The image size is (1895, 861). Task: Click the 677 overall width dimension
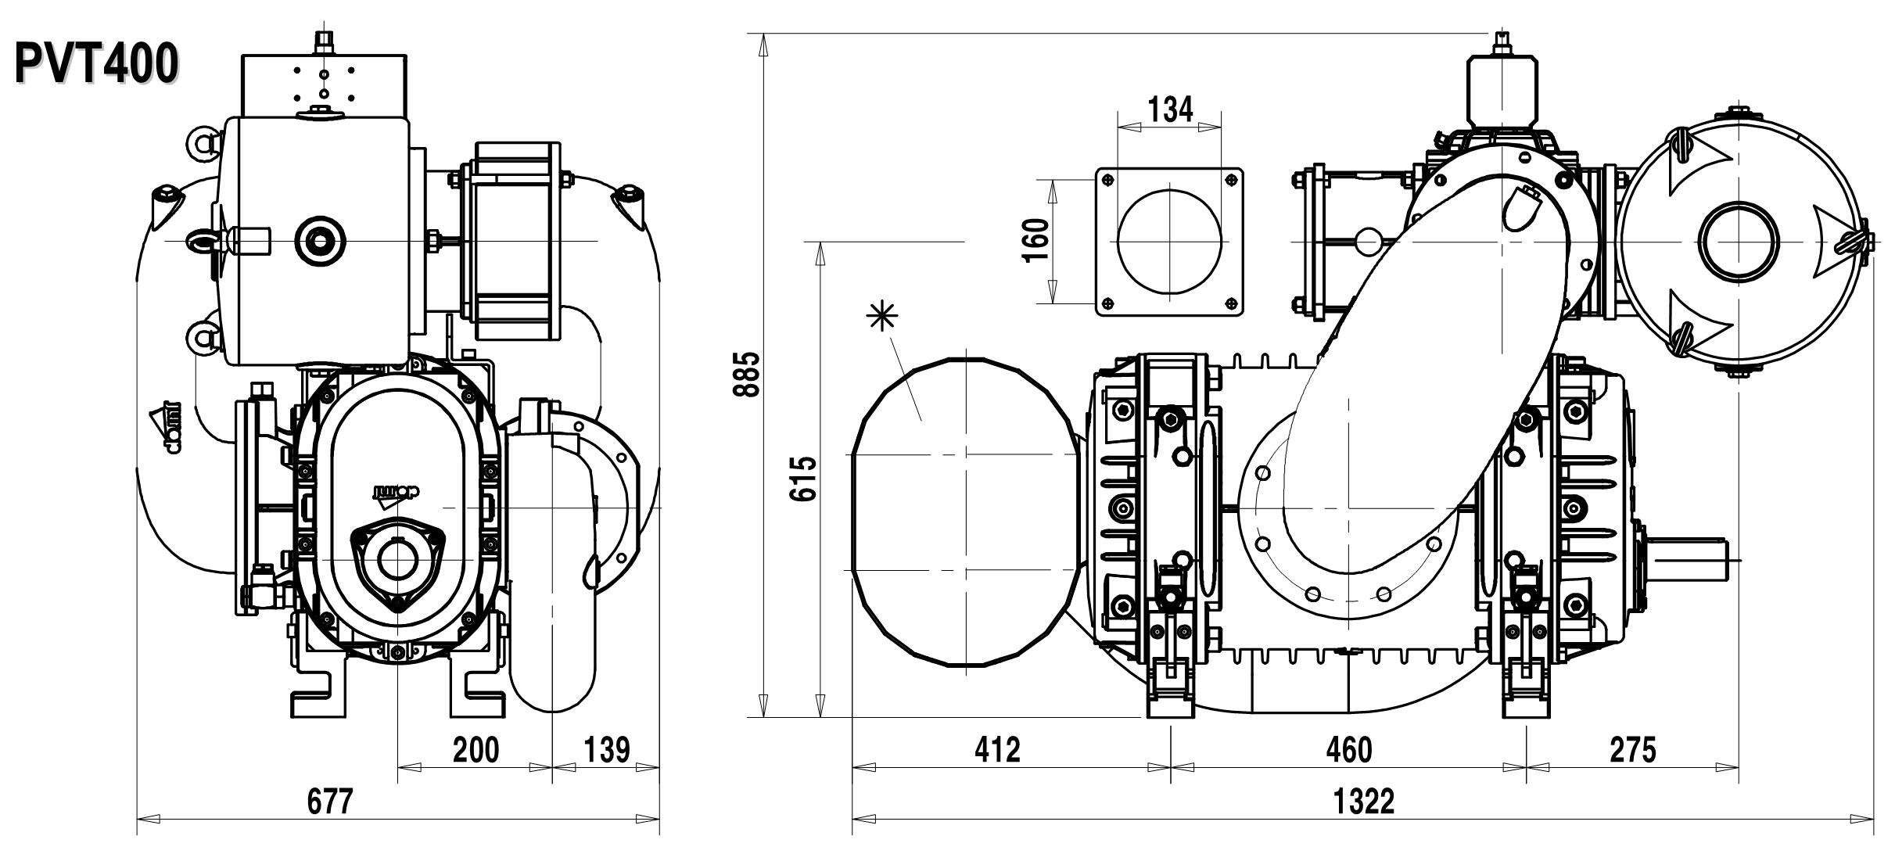click(329, 802)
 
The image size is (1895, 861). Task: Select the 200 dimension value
click(476, 750)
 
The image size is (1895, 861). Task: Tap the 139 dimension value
click(607, 750)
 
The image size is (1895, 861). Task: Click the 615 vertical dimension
click(804, 479)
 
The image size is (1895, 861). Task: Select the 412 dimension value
click(997, 750)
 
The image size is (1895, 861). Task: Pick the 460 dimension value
click(1349, 750)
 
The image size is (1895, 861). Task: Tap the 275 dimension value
click(1633, 750)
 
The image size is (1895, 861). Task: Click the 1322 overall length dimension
click(1364, 802)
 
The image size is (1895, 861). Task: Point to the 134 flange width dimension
click(1170, 109)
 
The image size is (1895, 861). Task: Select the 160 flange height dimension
click(1036, 241)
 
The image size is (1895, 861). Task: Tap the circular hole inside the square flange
click(1170, 241)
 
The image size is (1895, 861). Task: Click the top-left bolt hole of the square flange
click(1107, 180)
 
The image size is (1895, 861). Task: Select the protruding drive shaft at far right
click(1689, 558)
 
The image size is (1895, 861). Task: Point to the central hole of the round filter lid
click(1738, 240)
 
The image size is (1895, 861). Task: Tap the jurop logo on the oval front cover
click(396, 491)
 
